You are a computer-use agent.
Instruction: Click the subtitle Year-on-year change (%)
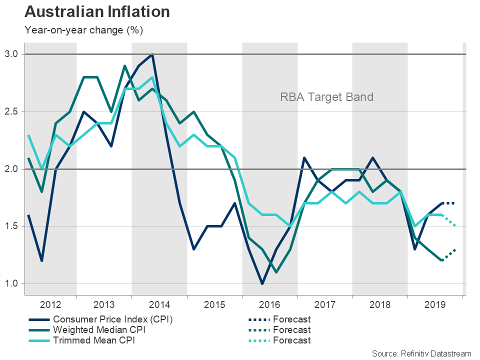pos(83,30)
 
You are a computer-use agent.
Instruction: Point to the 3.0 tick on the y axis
pos(12,54)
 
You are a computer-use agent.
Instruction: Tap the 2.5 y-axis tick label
pos(12,111)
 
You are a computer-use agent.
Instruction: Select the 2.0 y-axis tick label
pos(12,169)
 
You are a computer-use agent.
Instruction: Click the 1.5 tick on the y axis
pos(12,226)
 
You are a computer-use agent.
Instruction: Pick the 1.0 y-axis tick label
pos(12,284)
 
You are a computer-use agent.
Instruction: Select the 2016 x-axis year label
pos(270,304)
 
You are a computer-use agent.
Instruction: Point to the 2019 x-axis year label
pos(435,304)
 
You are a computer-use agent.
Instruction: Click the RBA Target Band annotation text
pos(326,97)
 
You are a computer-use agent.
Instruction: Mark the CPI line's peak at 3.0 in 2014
pos(152,54)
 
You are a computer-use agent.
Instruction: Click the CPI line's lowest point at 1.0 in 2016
pos(262,284)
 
